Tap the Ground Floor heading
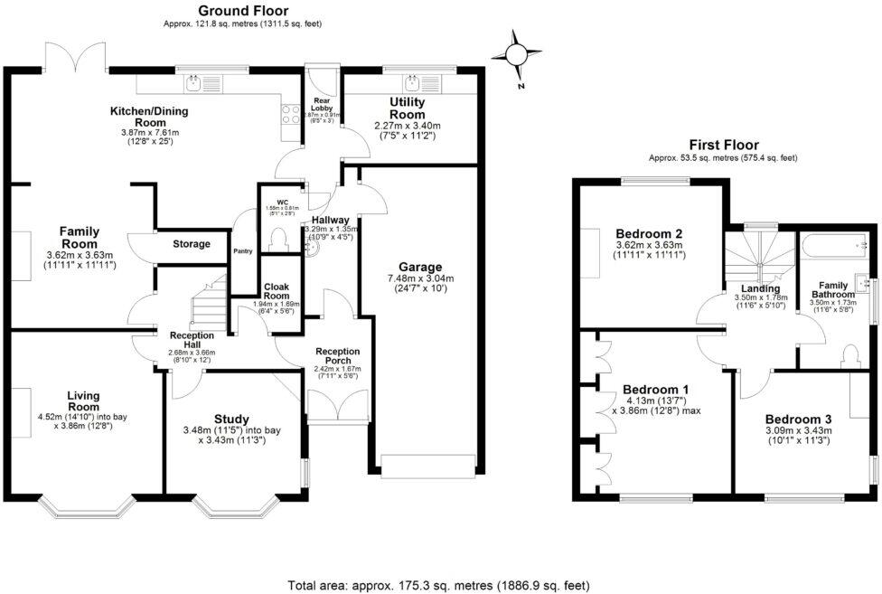point(243,10)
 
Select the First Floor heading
point(723,145)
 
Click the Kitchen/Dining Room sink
point(193,84)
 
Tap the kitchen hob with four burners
point(292,115)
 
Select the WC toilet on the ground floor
point(278,238)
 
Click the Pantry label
point(242,251)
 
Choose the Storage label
point(191,244)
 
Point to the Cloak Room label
point(276,292)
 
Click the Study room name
point(231,418)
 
